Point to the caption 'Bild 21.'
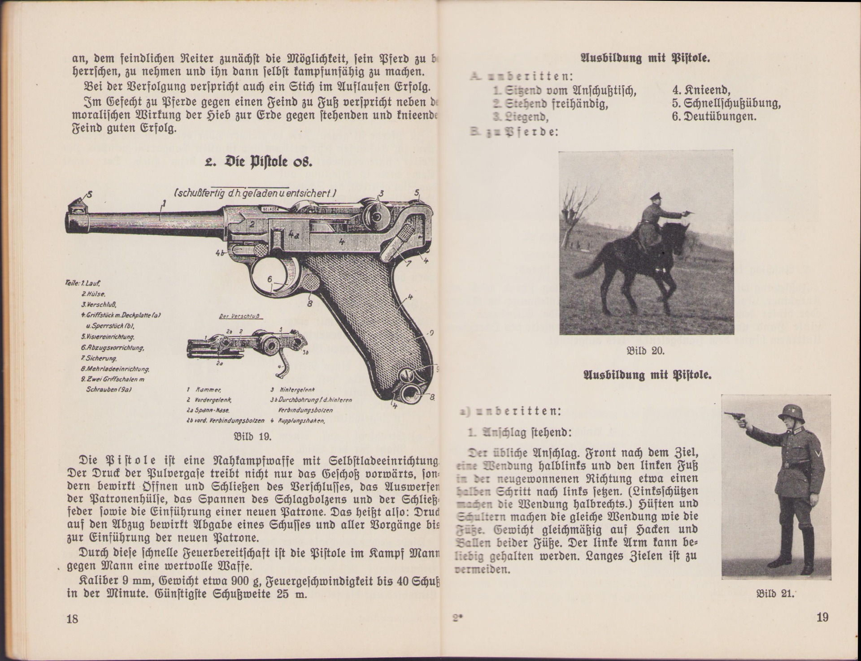[775, 594]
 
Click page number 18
[72, 619]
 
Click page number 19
[822, 618]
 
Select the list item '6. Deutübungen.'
[714, 117]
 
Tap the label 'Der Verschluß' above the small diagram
[240, 316]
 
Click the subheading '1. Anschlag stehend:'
[519, 432]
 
